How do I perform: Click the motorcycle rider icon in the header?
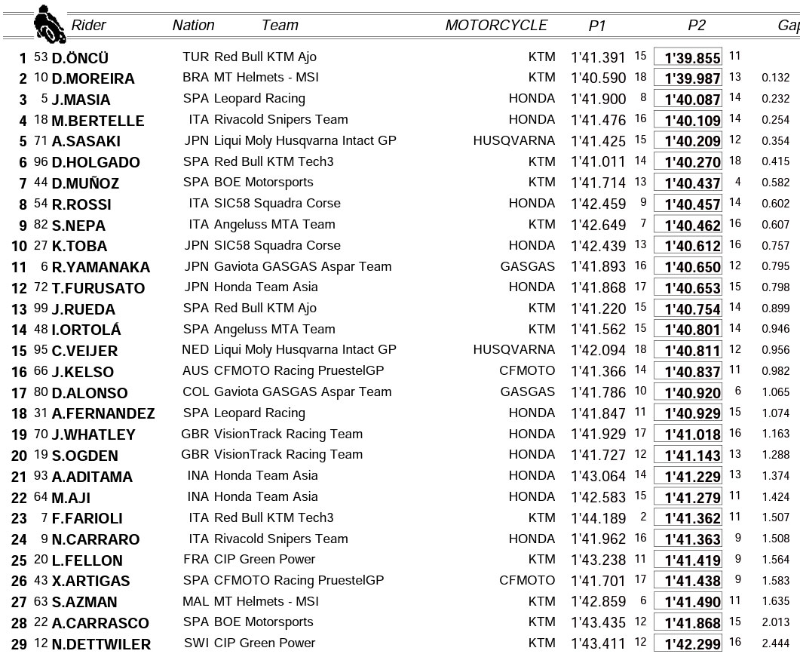click(49, 24)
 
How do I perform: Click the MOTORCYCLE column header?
click(496, 25)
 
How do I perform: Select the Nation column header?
click(193, 25)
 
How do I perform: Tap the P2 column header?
click(696, 25)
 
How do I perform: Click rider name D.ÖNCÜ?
click(80, 58)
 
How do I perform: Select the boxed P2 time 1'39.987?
click(688, 78)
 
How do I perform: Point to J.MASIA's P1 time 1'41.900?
click(599, 99)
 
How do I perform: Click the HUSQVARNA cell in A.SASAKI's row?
click(514, 140)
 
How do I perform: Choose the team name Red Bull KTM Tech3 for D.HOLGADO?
click(274, 161)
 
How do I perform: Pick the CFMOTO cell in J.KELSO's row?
click(527, 370)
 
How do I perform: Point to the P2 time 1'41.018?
click(688, 434)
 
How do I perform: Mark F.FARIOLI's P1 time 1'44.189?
click(599, 517)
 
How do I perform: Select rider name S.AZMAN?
click(84, 602)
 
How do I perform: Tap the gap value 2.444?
click(775, 643)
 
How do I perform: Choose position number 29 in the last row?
click(19, 644)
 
